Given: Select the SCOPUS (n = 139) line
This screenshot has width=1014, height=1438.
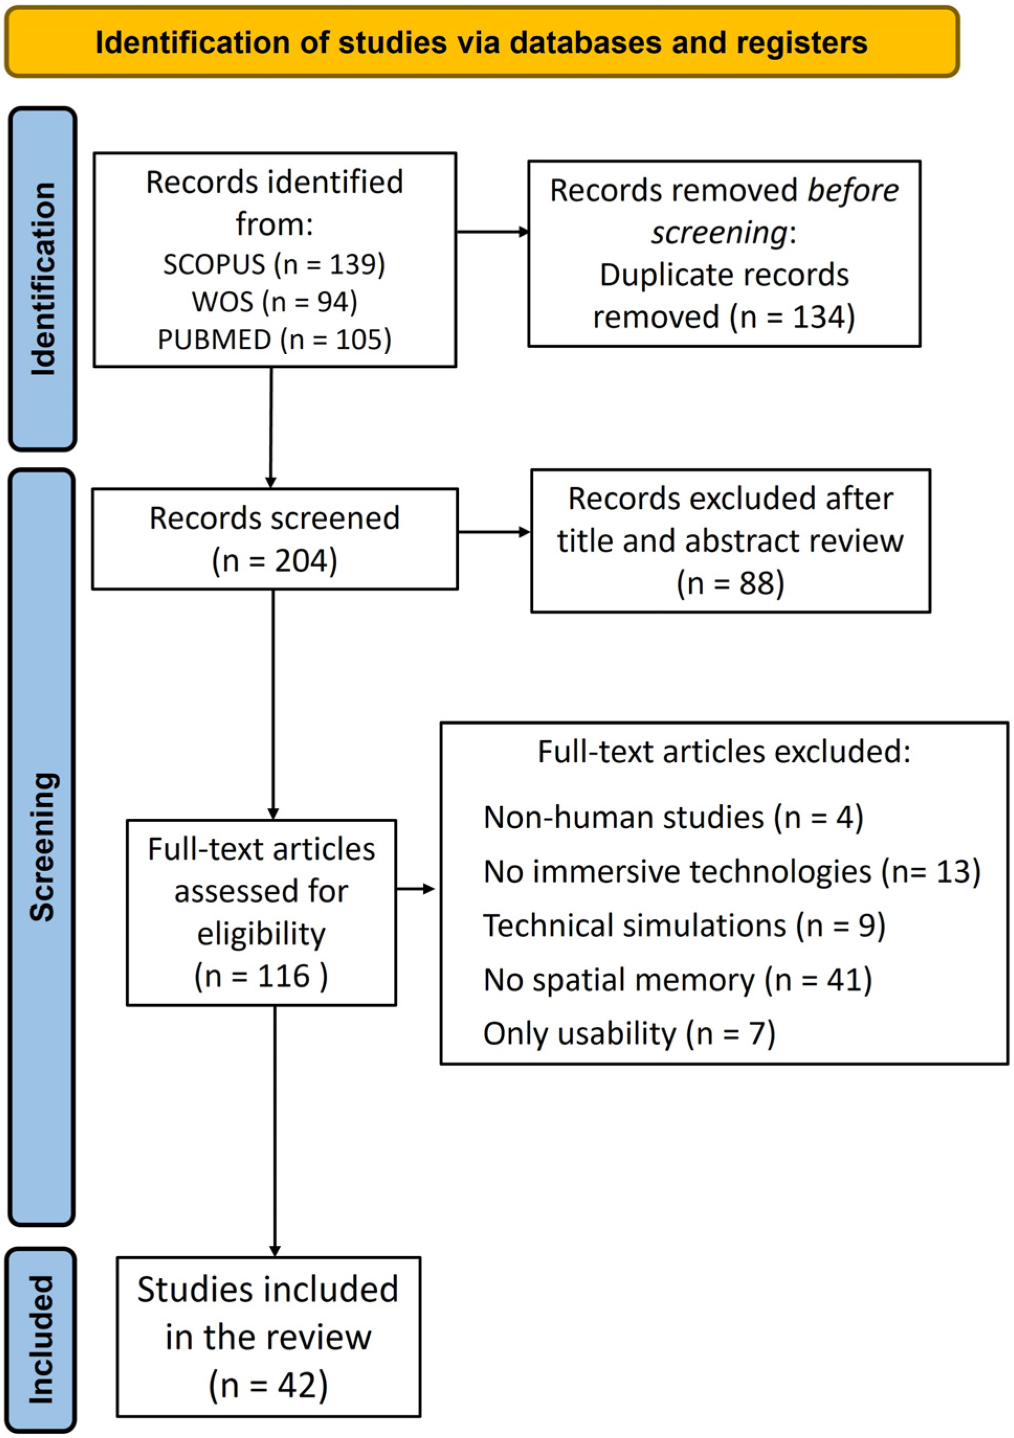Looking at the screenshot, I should (274, 265).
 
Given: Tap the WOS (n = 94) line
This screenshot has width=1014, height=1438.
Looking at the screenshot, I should (274, 302).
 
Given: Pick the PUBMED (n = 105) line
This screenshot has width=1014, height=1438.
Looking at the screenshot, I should (274, 339).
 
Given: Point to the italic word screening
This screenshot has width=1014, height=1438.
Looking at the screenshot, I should (719, 233).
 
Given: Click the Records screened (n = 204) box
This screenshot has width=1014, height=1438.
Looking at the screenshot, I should (274, 539).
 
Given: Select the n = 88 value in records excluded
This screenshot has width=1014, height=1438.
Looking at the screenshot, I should (730, 584).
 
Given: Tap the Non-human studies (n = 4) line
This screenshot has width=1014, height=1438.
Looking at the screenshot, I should (673, 817).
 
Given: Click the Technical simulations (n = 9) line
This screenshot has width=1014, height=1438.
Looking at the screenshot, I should (684, 926).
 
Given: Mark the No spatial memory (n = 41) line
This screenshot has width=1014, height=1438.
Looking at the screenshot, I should (678, 980).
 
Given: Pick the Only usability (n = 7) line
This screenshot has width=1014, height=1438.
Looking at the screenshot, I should (629, 1034).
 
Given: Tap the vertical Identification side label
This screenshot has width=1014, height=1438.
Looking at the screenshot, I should (42, 279).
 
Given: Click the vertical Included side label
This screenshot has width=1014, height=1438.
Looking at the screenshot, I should (41, 1340).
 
